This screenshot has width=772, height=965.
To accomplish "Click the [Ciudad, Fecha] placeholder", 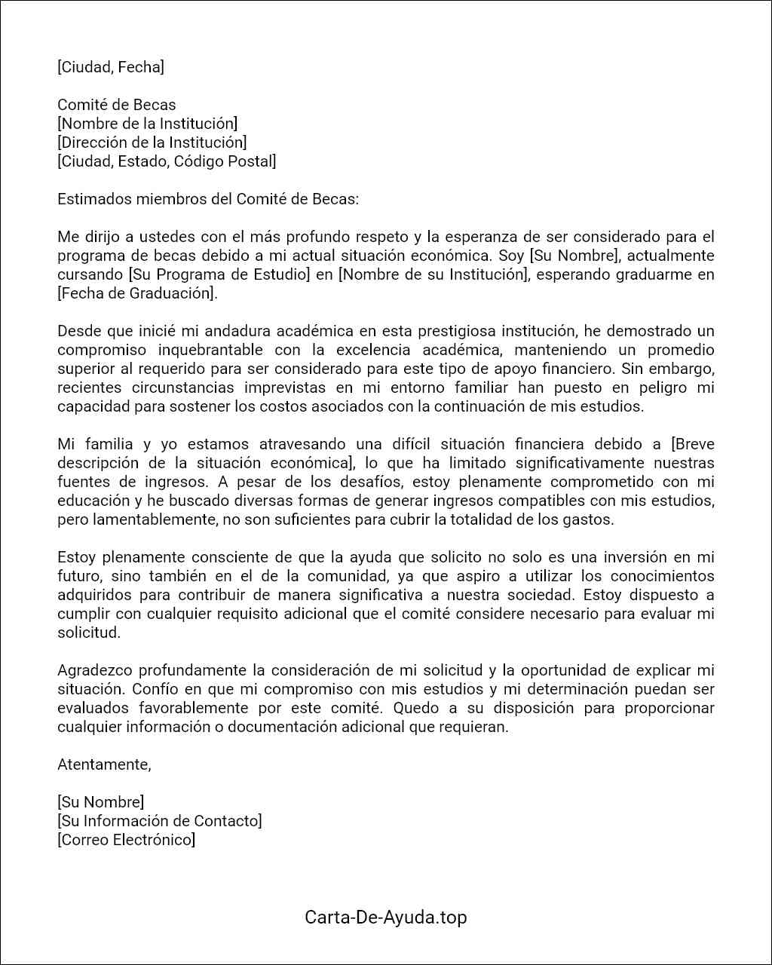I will coord(110,67).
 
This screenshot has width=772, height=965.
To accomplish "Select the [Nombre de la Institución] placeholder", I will coord(147,124).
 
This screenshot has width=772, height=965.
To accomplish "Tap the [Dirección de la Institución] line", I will coord(152,142).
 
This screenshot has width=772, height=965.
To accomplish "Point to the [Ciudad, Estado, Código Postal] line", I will coord(167,161).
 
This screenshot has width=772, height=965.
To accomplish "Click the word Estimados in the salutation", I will coord(93,199).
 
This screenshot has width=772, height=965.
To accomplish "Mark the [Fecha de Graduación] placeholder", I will coord(137,293).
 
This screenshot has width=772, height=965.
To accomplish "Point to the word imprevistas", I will coord(280,388).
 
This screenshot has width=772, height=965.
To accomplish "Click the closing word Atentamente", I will coord(104,764).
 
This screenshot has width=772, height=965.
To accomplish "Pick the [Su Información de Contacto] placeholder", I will coord(159,821).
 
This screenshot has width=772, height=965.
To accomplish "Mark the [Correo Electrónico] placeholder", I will coord(126,840).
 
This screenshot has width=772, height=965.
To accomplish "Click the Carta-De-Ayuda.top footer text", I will coord(385,918).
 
